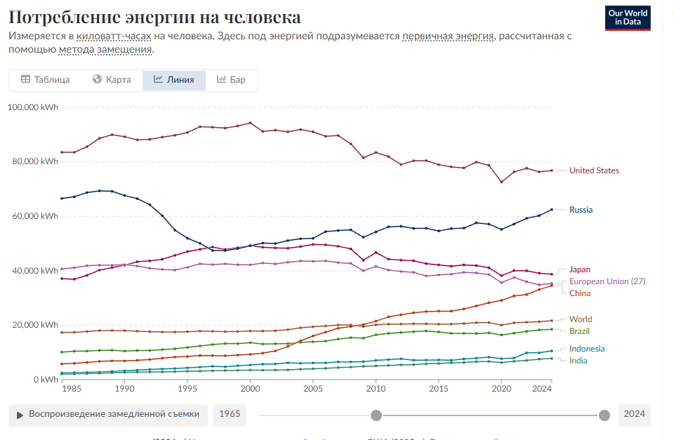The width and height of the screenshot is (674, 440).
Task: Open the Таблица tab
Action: click(x=46, y=80)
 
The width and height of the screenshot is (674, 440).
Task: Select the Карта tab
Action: click(x=112, y=80)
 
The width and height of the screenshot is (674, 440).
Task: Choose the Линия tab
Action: click(x=173, y=80)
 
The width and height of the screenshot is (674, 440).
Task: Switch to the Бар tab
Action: click(x=231, y=80)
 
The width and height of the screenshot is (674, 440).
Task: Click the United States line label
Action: click(x=594, y=171)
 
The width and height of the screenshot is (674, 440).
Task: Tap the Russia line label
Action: click(x=581, y=210)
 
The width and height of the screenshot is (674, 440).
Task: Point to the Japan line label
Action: click(x=580, y=269)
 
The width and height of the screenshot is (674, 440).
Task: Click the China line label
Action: click(x=580, y=293)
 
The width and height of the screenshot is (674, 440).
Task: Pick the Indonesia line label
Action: click(x=587, y=349)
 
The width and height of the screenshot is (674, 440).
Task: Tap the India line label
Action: click(x=579, y=361)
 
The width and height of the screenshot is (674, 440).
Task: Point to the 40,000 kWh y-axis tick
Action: click(x=34, y=271)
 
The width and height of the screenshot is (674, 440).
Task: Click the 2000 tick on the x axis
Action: click(x=250, y=388)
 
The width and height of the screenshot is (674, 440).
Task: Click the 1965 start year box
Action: click(x=230, y=414)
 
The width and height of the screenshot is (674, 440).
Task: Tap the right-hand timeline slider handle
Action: click(x=604, y=415)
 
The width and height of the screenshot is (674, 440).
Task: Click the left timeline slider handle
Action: click(x=376, y=415)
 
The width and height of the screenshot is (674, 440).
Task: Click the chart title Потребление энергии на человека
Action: click(x=154, y=17)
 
